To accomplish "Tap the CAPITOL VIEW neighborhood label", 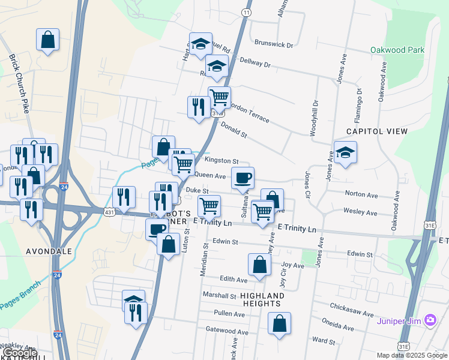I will coord(376,131).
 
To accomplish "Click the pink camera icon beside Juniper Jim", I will coord(430,320).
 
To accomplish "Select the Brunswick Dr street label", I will coord(274,44).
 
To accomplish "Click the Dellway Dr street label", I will coord(255,62).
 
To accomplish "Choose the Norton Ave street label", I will coord(361,195).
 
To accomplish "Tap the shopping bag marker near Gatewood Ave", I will coord(279,323).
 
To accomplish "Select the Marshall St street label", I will coord(219,296).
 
